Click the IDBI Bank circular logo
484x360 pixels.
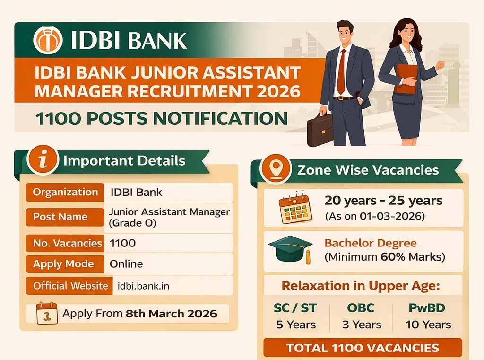tap(48, 40)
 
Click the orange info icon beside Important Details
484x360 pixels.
tap(43, 161)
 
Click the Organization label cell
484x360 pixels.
tap(65, 193)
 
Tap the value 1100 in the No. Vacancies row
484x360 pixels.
tap(122, 243)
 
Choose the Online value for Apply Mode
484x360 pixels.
tap(126, 264)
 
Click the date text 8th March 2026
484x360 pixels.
tap(171, 313)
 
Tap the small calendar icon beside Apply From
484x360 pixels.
tap(47, 314)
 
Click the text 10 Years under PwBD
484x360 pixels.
tap(428, 325)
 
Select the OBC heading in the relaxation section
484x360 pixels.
tap(361, 308)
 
